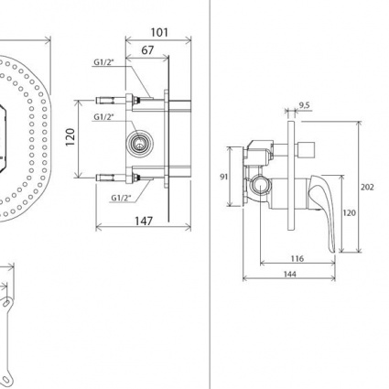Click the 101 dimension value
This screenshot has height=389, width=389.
point(159,32)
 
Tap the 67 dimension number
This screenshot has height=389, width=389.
point(147,50)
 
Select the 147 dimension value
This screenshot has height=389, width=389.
point(144,221)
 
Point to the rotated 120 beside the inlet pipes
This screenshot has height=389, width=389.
point(70,137)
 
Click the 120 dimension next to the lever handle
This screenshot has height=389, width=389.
point(349,212)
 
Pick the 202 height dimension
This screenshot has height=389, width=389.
point(367,187)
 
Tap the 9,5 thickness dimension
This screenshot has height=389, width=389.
point(304,105)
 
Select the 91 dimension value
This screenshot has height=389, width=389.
point(224,177)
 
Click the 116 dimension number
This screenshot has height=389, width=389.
point(297,259)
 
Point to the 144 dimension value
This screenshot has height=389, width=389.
point(289,275)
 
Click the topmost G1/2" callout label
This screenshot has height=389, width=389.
point(103,62)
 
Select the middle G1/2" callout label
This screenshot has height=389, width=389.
point(103,117)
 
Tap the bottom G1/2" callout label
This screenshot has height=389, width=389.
point(121,198)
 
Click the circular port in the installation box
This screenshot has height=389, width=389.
point(140,143)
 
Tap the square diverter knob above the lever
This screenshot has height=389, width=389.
point(306,150)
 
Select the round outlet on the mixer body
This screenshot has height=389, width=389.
point(260,185)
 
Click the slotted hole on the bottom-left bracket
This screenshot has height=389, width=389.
point(6,303)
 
